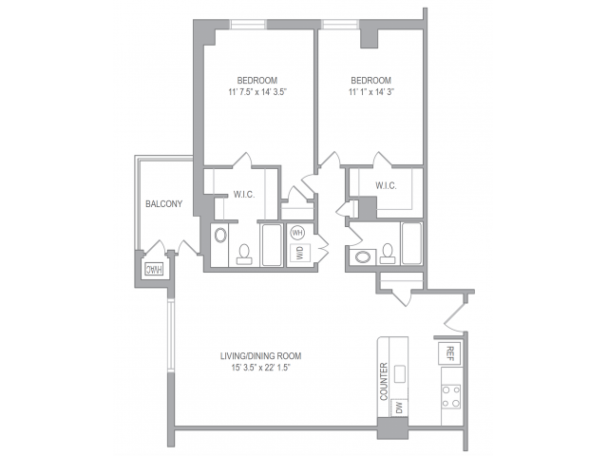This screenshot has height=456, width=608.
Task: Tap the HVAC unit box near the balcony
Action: (x=153, y=269)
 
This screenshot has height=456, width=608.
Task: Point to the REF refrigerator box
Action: (x=448, y=353)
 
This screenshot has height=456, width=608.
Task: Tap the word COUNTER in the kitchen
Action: (x=384, y=381)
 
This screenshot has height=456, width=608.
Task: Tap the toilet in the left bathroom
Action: (x=244, y=253)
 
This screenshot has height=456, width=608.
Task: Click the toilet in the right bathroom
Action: (x=388, y=253)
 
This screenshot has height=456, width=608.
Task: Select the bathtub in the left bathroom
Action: (x=270, y=245)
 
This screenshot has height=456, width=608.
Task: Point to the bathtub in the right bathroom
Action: (x=411, y=243)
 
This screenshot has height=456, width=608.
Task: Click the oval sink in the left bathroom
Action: (x=221, y=237)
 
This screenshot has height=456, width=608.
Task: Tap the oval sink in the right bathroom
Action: (x=363, y=256)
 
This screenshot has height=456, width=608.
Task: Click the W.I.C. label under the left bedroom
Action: (x=245, y=196)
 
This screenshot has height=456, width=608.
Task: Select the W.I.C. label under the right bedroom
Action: (x=386, y=185)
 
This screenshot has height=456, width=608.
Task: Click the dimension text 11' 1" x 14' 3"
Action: (x=370, y=93)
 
